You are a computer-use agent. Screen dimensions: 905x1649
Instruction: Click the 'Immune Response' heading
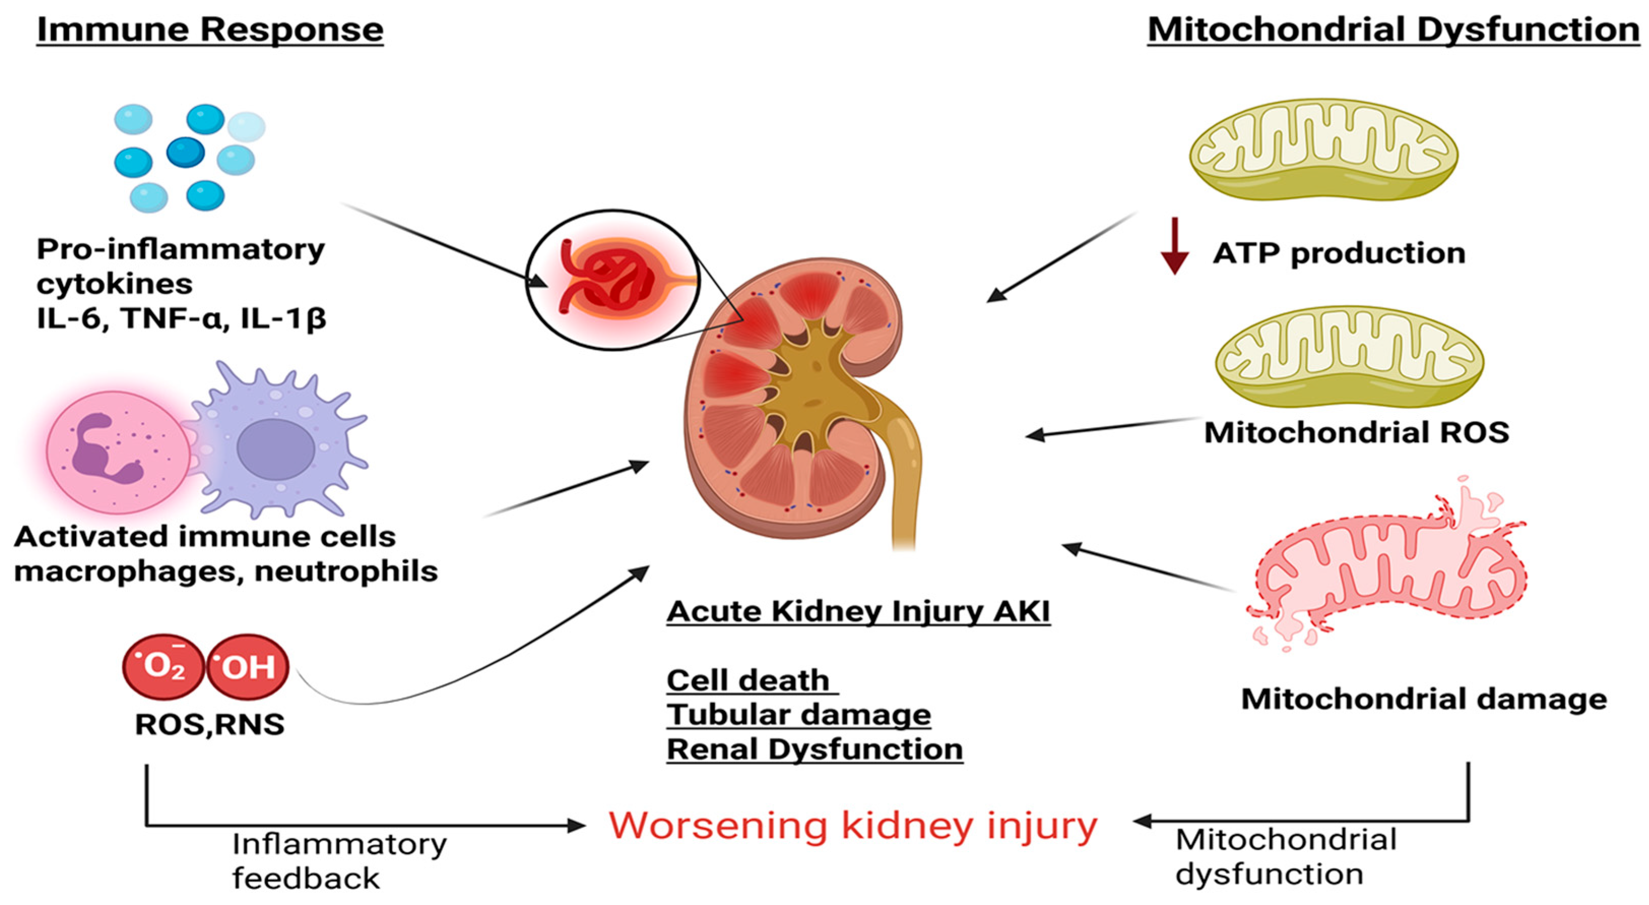coord(210,30)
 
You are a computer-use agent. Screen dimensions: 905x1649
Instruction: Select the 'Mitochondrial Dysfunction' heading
coord(1394,30)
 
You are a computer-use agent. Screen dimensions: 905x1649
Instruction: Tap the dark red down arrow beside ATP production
coord(1174,247)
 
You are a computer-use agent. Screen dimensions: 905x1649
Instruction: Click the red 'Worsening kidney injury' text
coord(852,826)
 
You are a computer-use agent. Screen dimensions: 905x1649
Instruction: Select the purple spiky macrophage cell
coord(275,445)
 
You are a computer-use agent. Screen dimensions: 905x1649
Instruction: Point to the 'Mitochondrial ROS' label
coord(1357,432)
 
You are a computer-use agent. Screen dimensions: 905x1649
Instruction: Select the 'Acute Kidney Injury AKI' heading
coord(858,611)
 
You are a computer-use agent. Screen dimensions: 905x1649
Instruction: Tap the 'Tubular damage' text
coord(798,715)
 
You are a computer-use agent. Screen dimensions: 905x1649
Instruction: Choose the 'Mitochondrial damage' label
coord(1424,699)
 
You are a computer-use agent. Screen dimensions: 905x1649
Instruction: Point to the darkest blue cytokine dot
coord(186,152)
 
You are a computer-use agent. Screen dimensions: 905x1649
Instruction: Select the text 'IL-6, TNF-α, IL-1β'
coord(181,318)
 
